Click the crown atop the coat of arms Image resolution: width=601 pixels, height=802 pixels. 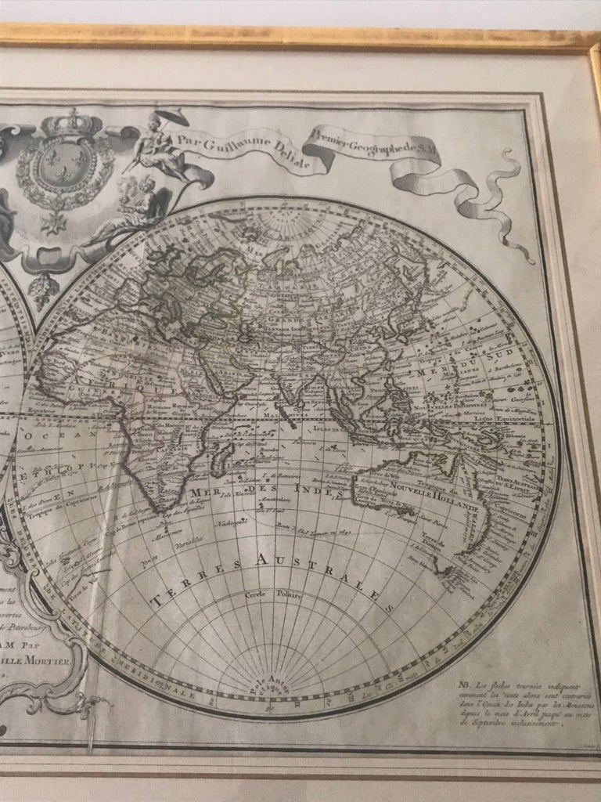pyautogui.click(x=73, y=123)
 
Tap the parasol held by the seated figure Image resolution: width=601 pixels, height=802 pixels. pyautogui.click(x=166, y=116)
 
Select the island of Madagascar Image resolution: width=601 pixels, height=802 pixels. pyautogui.click(x=221, y=452)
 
